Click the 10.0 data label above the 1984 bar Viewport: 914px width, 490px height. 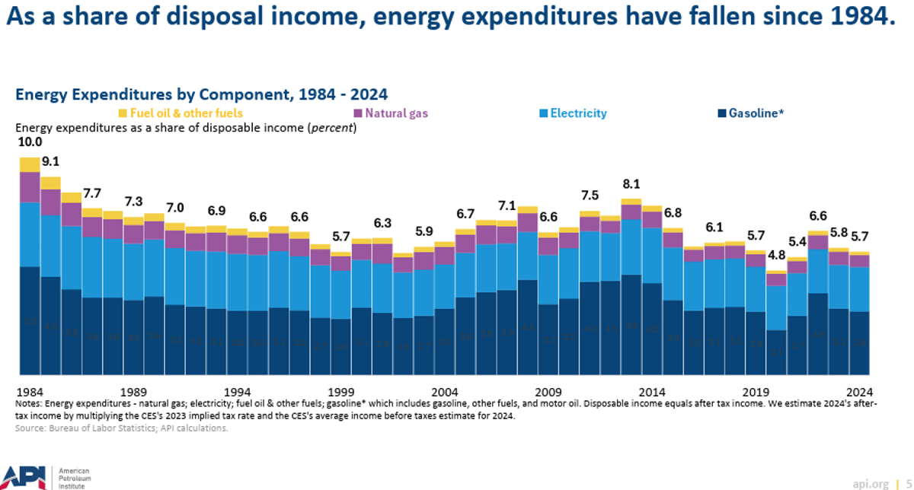pos(30,143)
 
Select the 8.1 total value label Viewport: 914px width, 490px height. pos(631,184)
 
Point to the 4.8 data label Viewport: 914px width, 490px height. pos(776,255)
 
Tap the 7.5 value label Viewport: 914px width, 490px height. pos(590,196)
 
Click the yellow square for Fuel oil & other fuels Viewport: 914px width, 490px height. pos(123,113)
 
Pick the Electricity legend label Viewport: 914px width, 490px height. pos(578,113)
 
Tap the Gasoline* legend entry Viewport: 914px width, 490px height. pos(756,113)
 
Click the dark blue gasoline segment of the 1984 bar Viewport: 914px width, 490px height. pos(30,320)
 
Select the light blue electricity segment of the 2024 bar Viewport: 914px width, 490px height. pos(859,289)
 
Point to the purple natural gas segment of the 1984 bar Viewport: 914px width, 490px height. pos(30,186)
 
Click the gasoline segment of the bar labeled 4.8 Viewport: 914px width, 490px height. pos(776,352)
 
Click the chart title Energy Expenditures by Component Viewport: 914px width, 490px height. pos(202,94)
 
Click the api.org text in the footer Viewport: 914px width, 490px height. pos(871,483)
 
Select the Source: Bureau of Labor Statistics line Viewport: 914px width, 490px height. pos(121,428)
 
